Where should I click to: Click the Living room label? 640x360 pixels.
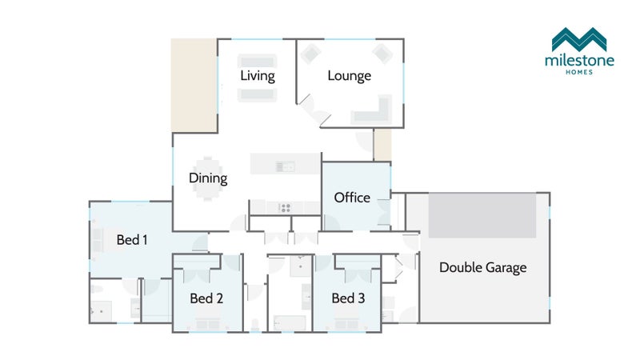tap(257, 76)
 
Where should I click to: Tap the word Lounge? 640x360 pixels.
tap(349, 76)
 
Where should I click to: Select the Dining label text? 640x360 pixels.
tap(208, 178)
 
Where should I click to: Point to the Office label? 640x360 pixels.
tap(352, 198)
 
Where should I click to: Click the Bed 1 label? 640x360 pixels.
tap(132, 239)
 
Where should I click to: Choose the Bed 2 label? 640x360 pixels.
tap(206, 298)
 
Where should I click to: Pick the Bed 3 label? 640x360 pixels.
tap(348, 298)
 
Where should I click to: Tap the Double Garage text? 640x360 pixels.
tap(483, 268)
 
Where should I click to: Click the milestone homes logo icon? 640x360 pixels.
tap(579, 39)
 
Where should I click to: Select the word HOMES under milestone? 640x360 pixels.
tap(579, 72)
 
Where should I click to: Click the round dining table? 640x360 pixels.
tap(208, 178)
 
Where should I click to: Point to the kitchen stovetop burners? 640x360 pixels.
tap(285, 208)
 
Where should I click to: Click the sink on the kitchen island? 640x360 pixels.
tap(286, 166)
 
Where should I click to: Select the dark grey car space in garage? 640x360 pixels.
tap(482, 215)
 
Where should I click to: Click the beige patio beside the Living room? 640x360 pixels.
tap(194, 86)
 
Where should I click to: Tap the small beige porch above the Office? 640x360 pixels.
tap(383, 145)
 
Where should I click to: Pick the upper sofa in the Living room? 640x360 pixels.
tap(257, 62)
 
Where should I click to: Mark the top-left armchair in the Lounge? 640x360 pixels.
tap(310, 54)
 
